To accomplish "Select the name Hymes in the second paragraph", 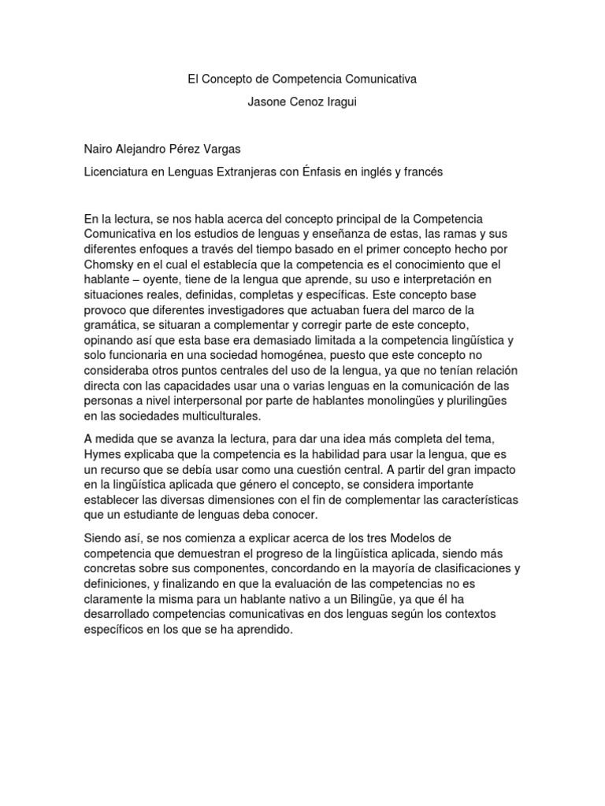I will tap(102, 456).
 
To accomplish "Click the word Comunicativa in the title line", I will tap(372, 79).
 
